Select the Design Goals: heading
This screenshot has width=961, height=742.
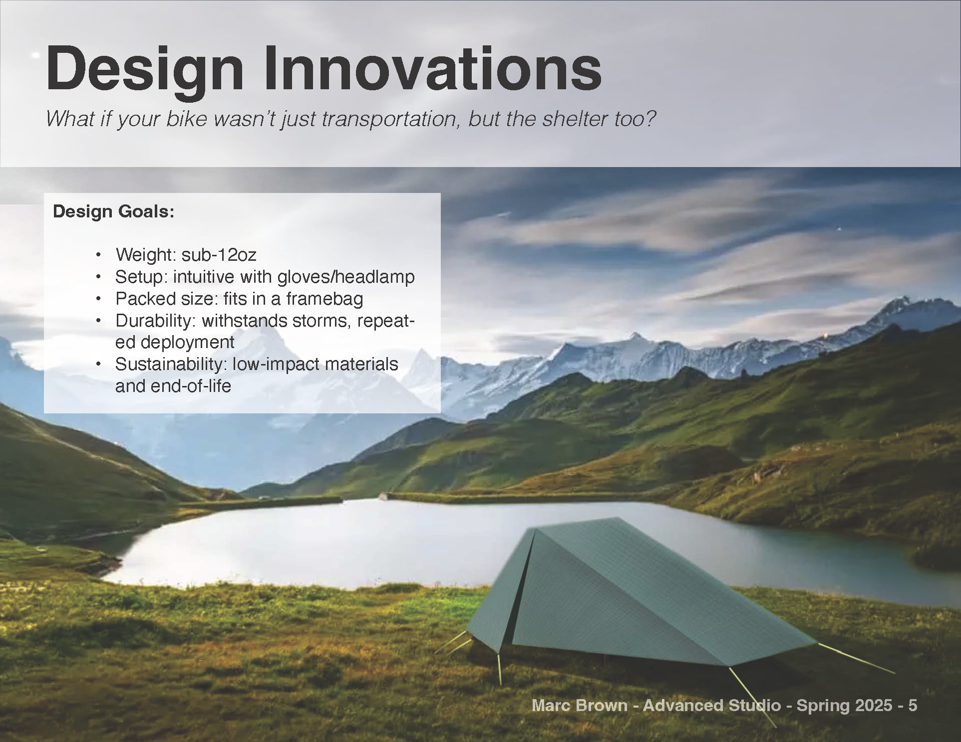(114, 211)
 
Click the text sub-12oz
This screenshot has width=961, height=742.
(219, 255)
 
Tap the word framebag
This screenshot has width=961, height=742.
(324, 298)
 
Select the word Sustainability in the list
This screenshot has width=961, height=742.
(171, 364)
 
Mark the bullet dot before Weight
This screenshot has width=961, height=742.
(99, 255)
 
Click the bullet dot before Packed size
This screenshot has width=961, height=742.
(99, 299)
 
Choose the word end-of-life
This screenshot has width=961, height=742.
(173, 386)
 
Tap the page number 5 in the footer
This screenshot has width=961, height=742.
(913, 706)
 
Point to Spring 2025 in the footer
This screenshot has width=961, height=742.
(844, 706)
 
